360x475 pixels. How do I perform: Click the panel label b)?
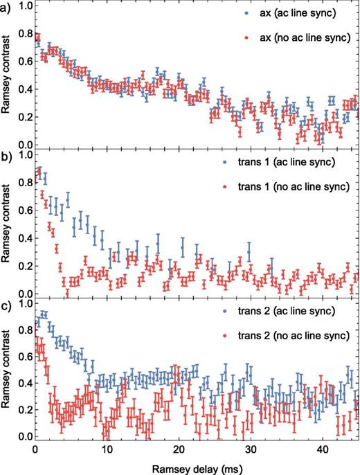coord(6,156)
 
